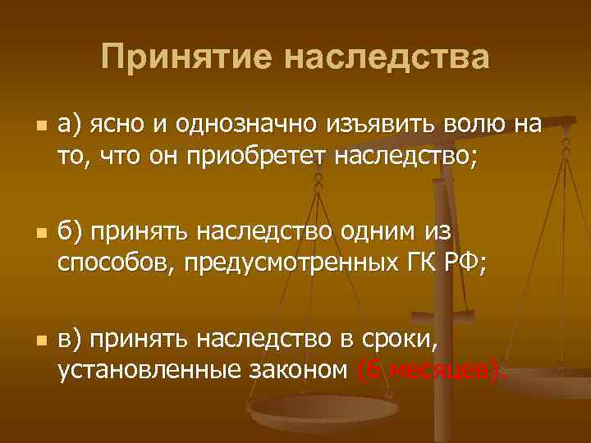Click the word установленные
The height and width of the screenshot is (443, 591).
point(148,369)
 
